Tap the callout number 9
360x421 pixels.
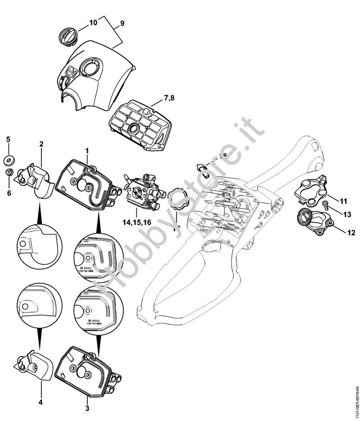tap(122, 22)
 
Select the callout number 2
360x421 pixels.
tap(41, 144)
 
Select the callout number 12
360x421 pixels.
tap(351, 233)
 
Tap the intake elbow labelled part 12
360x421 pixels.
tap(311, 222)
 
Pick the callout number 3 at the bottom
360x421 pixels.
tap(87, 408)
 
